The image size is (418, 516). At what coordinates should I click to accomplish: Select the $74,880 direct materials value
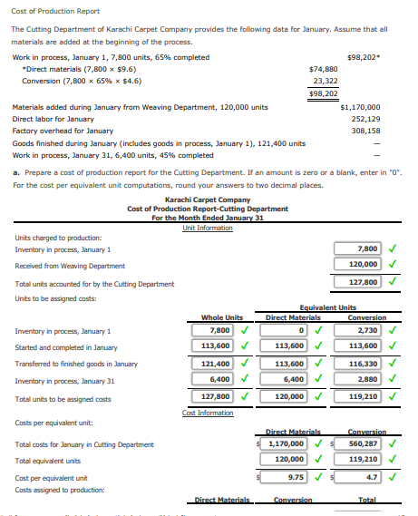[x=323, y=68]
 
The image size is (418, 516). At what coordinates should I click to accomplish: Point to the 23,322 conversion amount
[x=325, y=80]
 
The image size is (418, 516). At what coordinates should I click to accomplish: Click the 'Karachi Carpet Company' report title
[x=208, y=200]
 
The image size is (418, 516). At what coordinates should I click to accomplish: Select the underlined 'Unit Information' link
[x=208, y=228]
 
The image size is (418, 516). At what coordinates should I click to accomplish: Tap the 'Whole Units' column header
[x=222, y=317]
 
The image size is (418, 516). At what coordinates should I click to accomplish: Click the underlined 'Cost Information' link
[x=208, y=413]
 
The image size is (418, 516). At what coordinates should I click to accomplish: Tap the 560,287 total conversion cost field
[x=362, y=443]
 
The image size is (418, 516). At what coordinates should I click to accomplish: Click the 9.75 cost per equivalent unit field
[x=295, y=476]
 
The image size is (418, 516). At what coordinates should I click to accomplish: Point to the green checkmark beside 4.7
[x=392, y=476]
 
